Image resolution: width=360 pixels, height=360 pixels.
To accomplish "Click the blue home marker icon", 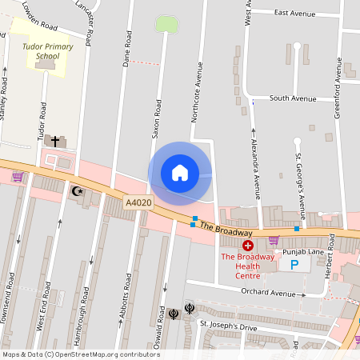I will (x=180, y=173).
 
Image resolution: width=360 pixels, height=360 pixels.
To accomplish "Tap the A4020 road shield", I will (x=138, y=203).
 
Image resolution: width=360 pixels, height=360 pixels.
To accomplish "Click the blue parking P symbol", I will (x=294, y=264).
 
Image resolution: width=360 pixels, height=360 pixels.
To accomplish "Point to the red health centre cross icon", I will (x=248, y=245).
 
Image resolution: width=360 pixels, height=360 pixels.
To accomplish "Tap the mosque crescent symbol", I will (x=78, y=191).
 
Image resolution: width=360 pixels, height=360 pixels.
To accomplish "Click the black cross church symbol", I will (x=55, y=141).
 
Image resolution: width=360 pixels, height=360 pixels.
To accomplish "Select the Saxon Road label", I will (x=158, y=121).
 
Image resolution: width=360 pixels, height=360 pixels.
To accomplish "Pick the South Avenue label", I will (x=293, y=98).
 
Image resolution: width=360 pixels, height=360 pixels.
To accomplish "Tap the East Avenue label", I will (x=296, y=13).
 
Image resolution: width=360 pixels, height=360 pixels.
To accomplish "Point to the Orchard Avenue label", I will (x=270, y=294).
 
